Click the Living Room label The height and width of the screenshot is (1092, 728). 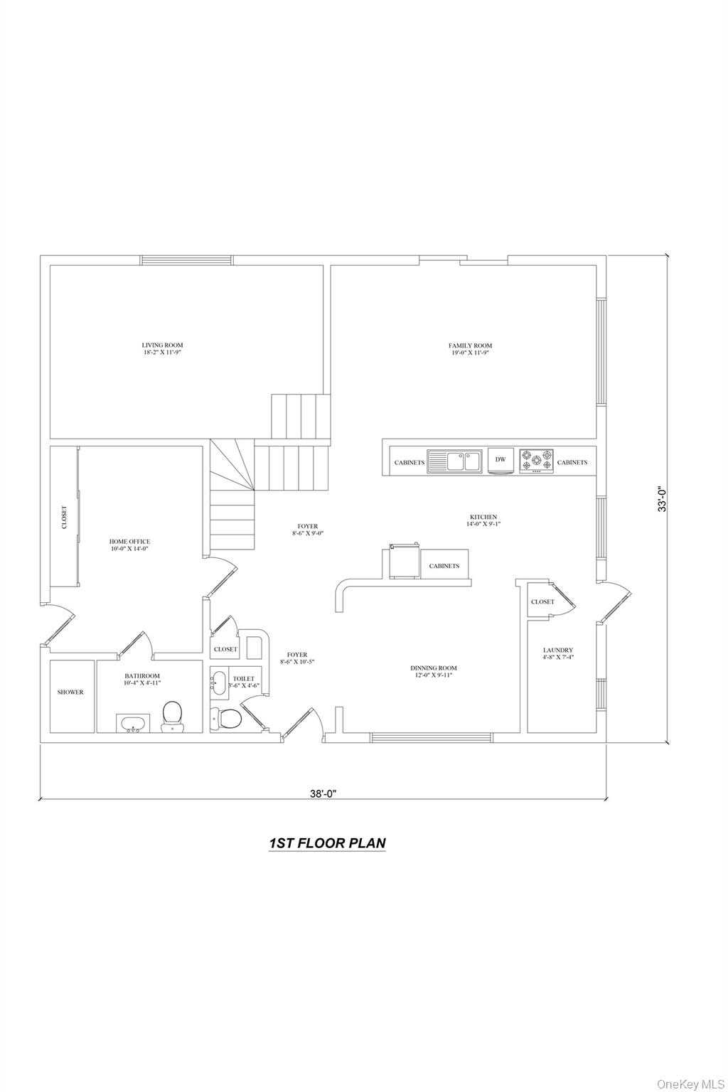162,348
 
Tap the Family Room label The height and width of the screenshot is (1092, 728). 470,348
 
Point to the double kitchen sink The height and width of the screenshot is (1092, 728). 454,461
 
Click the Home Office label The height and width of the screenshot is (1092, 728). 129,545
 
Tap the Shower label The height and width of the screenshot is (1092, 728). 70,692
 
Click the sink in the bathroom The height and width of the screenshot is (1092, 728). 133,724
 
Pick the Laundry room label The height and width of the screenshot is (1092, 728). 558,653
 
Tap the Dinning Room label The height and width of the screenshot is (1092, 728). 434,671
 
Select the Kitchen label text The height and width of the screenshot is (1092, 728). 483,520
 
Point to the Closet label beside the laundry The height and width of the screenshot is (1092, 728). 542,601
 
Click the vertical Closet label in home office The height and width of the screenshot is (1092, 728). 65,518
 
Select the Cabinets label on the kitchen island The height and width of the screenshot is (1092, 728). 444,566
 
